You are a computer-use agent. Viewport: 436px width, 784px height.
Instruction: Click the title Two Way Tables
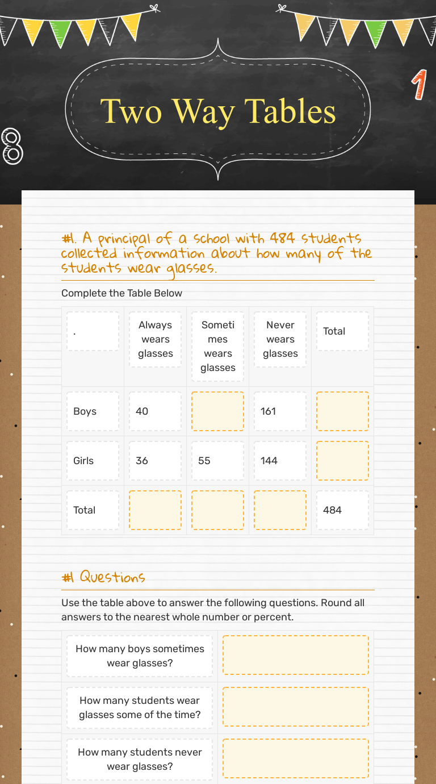[218, 111]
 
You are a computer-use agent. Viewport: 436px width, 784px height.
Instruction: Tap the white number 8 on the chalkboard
[12, 146]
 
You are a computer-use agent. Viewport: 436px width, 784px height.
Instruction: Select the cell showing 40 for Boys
[155, 411]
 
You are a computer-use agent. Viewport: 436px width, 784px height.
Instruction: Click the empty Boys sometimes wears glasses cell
[217, 411]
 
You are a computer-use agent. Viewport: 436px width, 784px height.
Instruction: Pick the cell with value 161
[280, 411]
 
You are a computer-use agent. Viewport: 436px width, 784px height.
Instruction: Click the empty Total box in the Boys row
[342, 411]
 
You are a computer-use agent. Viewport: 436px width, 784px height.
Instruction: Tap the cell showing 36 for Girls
[155, 461]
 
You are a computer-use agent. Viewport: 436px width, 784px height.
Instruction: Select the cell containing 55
[217, 461]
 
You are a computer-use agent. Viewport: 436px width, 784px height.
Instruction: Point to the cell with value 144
[280, 461]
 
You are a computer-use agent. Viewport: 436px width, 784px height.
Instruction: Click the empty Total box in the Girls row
[342, 461]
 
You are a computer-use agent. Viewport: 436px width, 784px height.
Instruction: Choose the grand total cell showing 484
[342, 510]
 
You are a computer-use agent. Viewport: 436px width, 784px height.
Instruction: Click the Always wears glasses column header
[155, 339]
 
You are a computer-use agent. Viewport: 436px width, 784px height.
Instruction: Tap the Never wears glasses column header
[280, 339]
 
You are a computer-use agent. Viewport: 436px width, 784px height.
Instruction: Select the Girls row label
[93, 461]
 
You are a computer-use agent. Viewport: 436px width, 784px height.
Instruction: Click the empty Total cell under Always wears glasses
[155, 510]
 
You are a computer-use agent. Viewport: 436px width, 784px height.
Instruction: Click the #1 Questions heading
[103, 577]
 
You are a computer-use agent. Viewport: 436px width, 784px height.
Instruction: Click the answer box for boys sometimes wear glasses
[295, 656]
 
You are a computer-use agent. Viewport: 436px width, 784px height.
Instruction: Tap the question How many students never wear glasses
[140, 759]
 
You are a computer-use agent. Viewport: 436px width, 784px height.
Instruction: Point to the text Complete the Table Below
[121, 293]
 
